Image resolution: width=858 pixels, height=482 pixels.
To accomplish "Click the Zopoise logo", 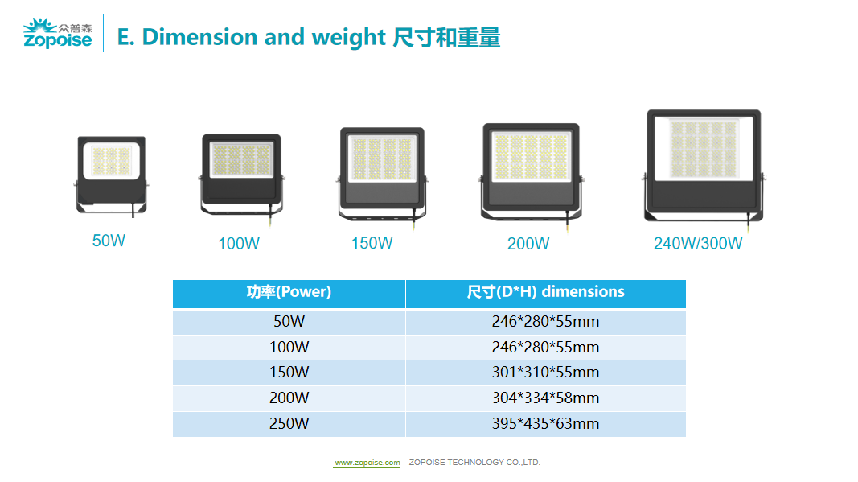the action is click(x=57, y=34).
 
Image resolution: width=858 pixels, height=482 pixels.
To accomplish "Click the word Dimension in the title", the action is click(x=199, y=37).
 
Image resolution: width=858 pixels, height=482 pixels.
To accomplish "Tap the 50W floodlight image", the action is click(x=112, y=175).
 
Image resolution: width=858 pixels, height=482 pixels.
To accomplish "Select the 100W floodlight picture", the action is click(x=241, y=179).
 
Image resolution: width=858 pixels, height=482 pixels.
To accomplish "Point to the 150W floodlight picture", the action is click(x=382, y=177).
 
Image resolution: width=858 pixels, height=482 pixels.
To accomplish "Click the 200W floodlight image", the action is click(x=531, y=175).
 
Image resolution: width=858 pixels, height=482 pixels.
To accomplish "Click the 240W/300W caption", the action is click(x=698, y=243).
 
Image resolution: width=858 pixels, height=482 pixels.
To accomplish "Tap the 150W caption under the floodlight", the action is click(x=372, y=243).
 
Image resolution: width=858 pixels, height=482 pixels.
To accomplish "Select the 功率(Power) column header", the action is click(x=289, y=292).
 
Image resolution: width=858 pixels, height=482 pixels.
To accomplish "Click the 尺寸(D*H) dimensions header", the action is click(x=545, y=292).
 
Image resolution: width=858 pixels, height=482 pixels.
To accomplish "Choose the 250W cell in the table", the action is click(x=289, y=424).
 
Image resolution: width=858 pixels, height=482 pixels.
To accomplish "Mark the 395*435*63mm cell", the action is click(x=545, y=424).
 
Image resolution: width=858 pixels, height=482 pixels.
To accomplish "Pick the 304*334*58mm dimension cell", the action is click(x=545, y=398).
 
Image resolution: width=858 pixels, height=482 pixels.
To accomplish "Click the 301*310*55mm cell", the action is click(x=545, y=373).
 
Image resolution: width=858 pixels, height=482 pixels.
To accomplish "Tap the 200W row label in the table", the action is click(x=289, y=398).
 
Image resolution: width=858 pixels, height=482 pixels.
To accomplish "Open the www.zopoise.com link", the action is click(x=367, y=463).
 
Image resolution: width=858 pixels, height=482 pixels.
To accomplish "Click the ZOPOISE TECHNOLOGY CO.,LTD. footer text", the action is click(x=474, y=462).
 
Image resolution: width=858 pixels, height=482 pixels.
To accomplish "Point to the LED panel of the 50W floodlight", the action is click(x=112, y=160).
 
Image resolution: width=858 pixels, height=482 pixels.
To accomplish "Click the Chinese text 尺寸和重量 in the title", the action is click(x=446, y=37).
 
